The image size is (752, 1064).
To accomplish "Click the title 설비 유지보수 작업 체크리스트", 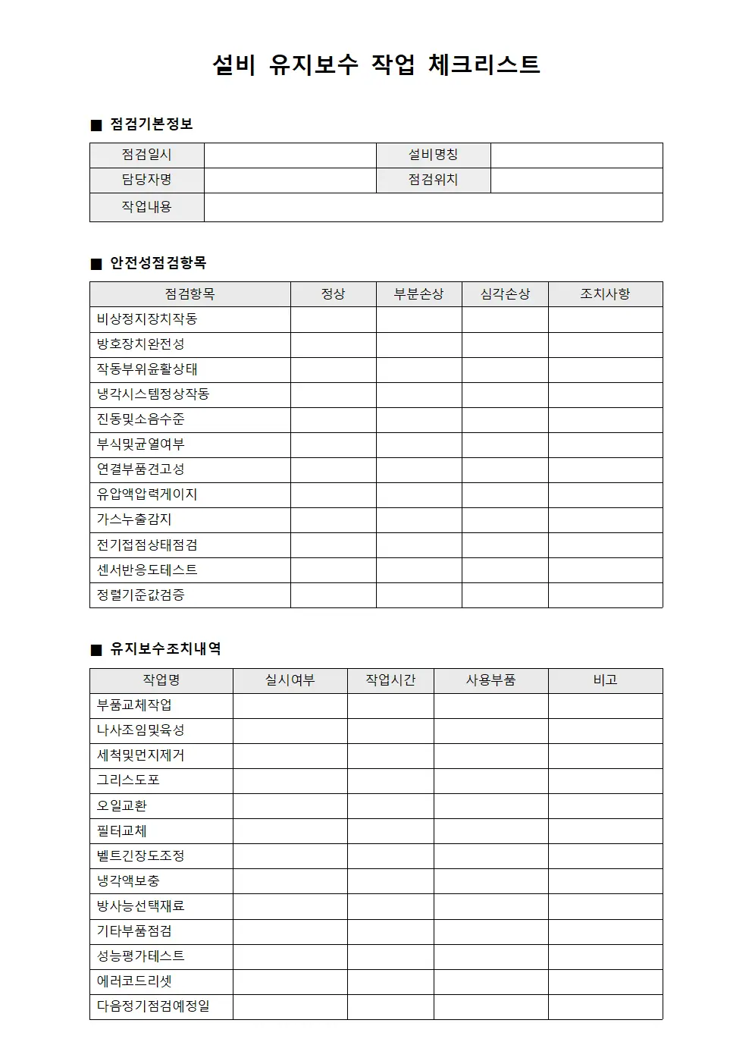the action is pos(376,64).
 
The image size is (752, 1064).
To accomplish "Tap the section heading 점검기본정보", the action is pos(151,124).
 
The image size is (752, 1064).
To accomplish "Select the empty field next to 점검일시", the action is pos(290,155).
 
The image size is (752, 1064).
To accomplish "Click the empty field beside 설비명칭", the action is pos(576,155).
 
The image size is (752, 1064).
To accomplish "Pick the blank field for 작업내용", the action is pos(433,207).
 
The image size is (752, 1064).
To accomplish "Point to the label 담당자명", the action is pos(147,180).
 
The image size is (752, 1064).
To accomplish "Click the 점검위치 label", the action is pos(433,180).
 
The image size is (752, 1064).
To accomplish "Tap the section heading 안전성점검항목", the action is pos(158,263).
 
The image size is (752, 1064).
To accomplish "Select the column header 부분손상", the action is pos(418,294).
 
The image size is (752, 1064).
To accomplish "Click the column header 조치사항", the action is pos(605,294).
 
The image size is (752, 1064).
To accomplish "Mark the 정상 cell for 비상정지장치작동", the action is pos(333,319).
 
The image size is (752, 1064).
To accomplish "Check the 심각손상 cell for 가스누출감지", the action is pos(505,519).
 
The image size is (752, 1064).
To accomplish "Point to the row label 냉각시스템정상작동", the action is pos(153,394).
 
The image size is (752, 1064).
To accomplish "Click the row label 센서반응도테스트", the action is pos(147,570).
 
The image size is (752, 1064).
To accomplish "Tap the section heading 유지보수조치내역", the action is pos(165,649).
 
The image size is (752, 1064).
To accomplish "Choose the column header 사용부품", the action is pos(490,680).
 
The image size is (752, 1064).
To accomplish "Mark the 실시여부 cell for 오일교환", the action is pos(290,805).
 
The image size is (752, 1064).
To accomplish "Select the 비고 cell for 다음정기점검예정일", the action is pos(605,1006).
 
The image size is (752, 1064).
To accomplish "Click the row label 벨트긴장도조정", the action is pos(141,855).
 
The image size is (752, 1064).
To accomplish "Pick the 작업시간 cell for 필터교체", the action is pos(390,830).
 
